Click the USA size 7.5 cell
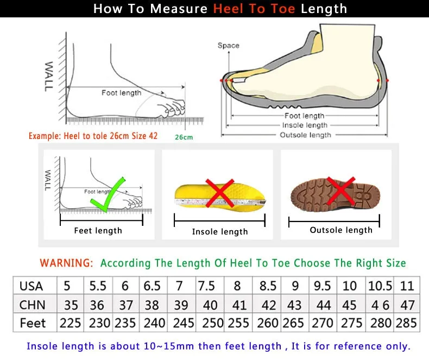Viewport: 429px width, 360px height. pyautogui.click(x=207, y=286)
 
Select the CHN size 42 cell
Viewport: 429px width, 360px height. pyautogui.click(x=268, y=304)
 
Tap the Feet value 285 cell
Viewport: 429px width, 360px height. pyautogui.click(x=407, y=323)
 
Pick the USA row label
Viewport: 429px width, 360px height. pyautogui.click(x=31, y=286)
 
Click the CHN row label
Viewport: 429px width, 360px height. pyautogui.click(x=32, y=304)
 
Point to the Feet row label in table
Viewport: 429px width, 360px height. pyautogui.click(x=33, y=323)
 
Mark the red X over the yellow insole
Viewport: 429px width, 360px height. pyautogui.click(x=219, y=192)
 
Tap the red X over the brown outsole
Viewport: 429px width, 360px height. pyautogui.click(x=341, y=191)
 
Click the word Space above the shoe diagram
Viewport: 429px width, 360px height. pyautogui.click(x=228, y=46)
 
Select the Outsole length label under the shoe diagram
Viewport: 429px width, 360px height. pyautogui.click(x=305, y=135)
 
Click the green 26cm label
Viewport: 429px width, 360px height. pyautogui.click(x=184, y=137)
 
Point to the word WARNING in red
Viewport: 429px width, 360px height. pyautogui.click(x=66, y=263)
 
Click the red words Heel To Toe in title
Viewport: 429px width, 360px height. pyautogui.click(x=254, y=9)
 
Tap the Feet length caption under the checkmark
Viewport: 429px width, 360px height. pyautogui.click(x=98, y=231)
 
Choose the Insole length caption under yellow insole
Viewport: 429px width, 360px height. pyautogui.click(x=219, y=232)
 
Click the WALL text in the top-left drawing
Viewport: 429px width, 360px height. pyautogui.click(x=49, y=76)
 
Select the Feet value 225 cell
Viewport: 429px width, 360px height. pyautogui.click(x=70, y=323)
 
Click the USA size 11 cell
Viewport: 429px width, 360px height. pyautogui.click(x=407, y=286)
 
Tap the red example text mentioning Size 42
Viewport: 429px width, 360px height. pyautogui.click(x=93, y=136)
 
